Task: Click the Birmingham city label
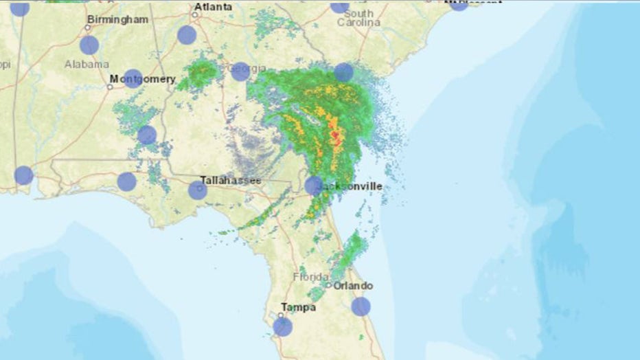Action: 118,19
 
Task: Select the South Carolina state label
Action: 358,18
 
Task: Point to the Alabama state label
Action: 87,64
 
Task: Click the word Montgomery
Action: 142,79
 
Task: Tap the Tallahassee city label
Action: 230,180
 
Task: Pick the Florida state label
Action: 311,277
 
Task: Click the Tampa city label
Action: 298,307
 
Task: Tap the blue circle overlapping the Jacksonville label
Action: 314,185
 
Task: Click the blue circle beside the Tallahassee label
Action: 198,190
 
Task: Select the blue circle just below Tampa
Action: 282,326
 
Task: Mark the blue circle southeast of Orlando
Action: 361,306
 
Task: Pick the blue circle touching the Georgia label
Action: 240,71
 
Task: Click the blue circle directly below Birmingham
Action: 89,45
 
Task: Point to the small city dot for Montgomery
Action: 110,87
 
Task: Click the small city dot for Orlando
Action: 329,285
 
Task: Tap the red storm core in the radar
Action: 335,136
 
